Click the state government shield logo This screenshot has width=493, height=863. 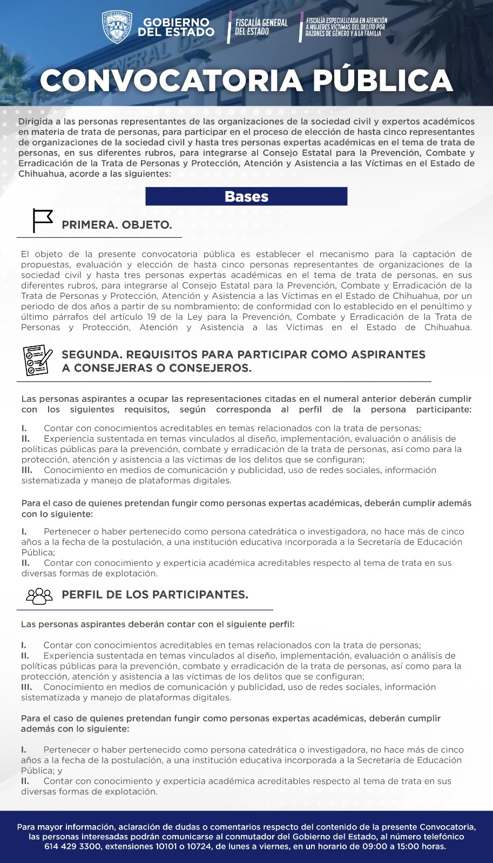pos(117,27)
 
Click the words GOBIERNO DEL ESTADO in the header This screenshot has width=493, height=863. pos(175,27)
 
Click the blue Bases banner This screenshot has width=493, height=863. pos(246,196)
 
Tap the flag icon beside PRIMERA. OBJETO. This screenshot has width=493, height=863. pos(42,220)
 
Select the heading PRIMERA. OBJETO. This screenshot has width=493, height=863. pos(117,225)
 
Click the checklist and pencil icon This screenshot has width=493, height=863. pos(37,360)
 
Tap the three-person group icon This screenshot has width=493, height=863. pos(39,595)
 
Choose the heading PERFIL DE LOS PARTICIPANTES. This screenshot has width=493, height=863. pos(155,594)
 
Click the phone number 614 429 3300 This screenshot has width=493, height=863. pos(73,846)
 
